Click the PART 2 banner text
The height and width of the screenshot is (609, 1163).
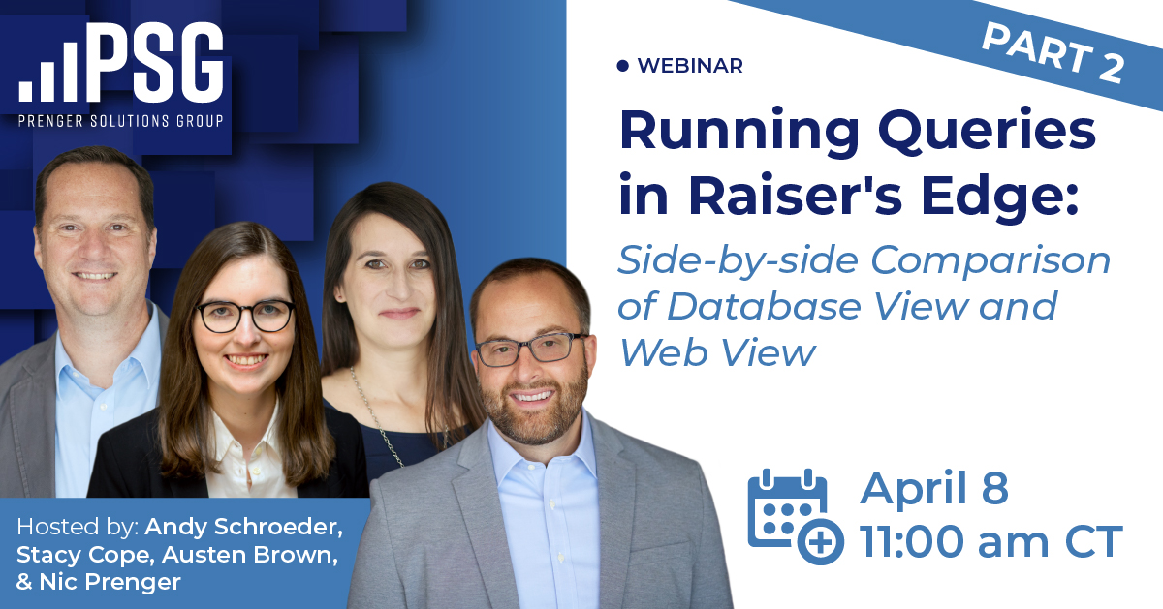1053,53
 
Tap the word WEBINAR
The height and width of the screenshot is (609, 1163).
690,66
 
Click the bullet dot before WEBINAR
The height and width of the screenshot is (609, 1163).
622,66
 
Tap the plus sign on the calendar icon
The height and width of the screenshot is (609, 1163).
820,542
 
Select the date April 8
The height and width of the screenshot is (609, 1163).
934,489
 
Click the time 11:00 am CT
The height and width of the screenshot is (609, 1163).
990,540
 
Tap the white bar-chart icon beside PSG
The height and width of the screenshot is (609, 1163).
47,72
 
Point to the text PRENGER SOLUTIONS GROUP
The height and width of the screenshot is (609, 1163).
121,121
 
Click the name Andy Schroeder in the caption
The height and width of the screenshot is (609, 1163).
243,527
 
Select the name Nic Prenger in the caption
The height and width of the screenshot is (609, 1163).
110,582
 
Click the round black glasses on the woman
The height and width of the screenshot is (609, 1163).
244,316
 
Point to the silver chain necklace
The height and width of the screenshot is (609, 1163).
375,415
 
